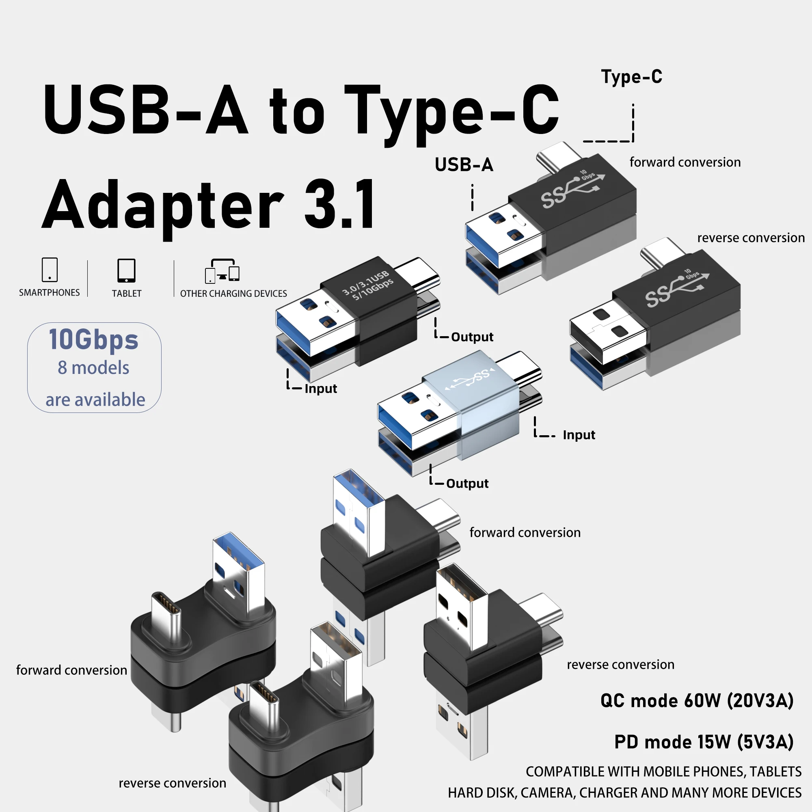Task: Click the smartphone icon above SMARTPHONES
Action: (x=50, y=270)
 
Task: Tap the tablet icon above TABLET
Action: (x=126, y=270)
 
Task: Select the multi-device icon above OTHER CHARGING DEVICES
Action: (x=222, y=271)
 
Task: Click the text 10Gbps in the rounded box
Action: (x=93, y=339)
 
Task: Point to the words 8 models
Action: (x=93, y=368)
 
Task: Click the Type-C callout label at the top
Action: (x=631, y=76)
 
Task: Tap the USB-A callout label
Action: (x=464, y=164)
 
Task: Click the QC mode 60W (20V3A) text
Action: (x=697, y=701)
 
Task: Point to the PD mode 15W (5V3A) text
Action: (x=704, y=742)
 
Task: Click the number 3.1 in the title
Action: (x=339, y=205)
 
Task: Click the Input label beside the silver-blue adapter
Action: (x=579, y=435)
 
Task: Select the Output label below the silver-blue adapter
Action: (x=467, y=483)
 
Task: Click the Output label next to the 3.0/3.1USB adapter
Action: (x=472, y=337)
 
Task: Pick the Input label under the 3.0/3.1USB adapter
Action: (x=321, y=389)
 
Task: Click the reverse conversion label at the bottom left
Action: (x=172, y=783)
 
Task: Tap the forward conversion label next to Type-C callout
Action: (x=685, y=162)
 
